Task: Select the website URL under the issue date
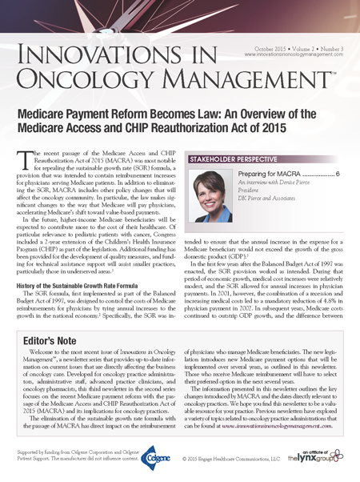pos(289,56)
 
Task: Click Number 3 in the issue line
pos(328,48)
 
